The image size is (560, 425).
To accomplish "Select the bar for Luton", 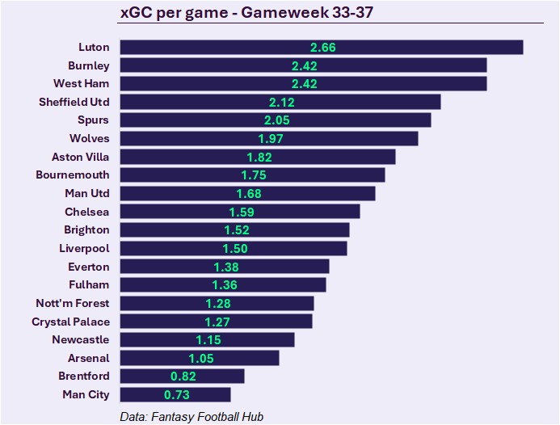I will (321, 47).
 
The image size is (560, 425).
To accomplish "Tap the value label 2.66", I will (322, 48).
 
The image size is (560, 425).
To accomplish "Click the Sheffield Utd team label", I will (74, 102).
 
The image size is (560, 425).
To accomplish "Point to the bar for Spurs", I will (275, 120).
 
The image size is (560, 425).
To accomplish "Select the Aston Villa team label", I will (80, 157).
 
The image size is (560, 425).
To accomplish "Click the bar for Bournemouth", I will (252, 175).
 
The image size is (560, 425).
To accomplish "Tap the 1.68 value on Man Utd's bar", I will (249, 193).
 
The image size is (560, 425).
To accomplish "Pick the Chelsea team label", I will (87, 212).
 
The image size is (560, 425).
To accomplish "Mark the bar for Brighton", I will (234, 229).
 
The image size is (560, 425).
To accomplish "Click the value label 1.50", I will (234, 249).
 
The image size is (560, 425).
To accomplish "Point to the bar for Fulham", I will (222, 284).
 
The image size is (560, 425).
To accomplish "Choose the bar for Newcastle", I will (207, 339).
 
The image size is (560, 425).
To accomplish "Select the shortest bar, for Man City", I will (175, 394).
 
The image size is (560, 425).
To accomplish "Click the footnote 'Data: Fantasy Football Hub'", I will (191, 417).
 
